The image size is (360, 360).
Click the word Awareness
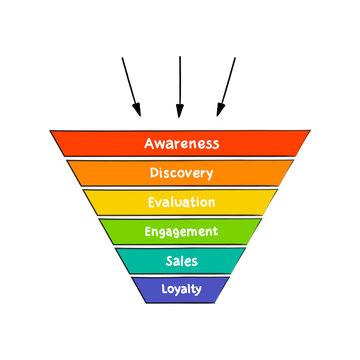(x=181, y=143)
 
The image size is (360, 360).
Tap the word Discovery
(x=181, y=173)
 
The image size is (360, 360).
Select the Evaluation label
(x=181, y=202)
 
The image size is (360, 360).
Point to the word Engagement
(x=181, y=232)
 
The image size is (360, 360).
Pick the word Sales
(x=181, y=261)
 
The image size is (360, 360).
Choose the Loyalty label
(x=181, y=290)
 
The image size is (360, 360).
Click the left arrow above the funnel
(x=131, y=86)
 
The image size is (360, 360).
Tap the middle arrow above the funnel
(x=179, y=86)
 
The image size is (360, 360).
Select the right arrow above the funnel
(x=226, y=86)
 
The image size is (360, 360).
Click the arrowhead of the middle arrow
(x=179, y=111)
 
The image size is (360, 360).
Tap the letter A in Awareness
(x=149, y=143)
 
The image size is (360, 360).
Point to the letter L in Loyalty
(x=165, y=290)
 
